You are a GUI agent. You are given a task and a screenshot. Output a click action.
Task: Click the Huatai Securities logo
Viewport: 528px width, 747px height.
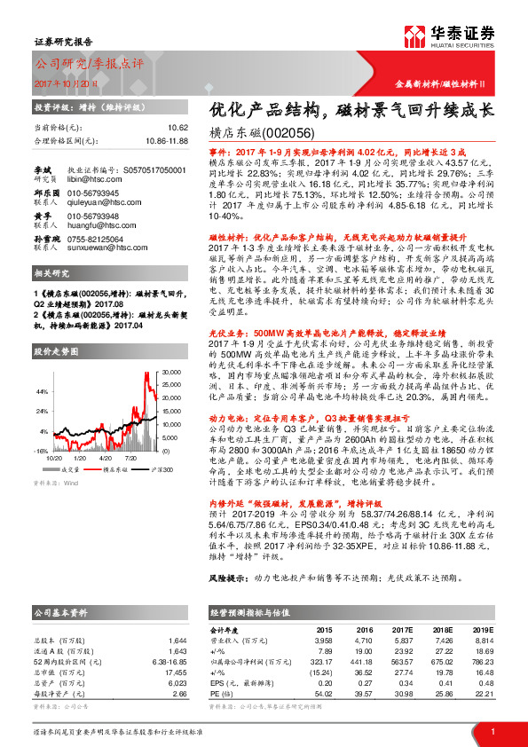click(459, 37)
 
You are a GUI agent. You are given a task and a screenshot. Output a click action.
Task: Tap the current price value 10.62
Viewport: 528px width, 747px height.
click(177, 128)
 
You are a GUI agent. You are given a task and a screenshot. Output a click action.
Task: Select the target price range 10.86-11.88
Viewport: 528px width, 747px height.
click(167, 140)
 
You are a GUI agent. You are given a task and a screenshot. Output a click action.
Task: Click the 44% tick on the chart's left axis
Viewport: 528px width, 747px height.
click(42, 390)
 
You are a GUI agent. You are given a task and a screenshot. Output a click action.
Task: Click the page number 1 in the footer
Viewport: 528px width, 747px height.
click(493, 731)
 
